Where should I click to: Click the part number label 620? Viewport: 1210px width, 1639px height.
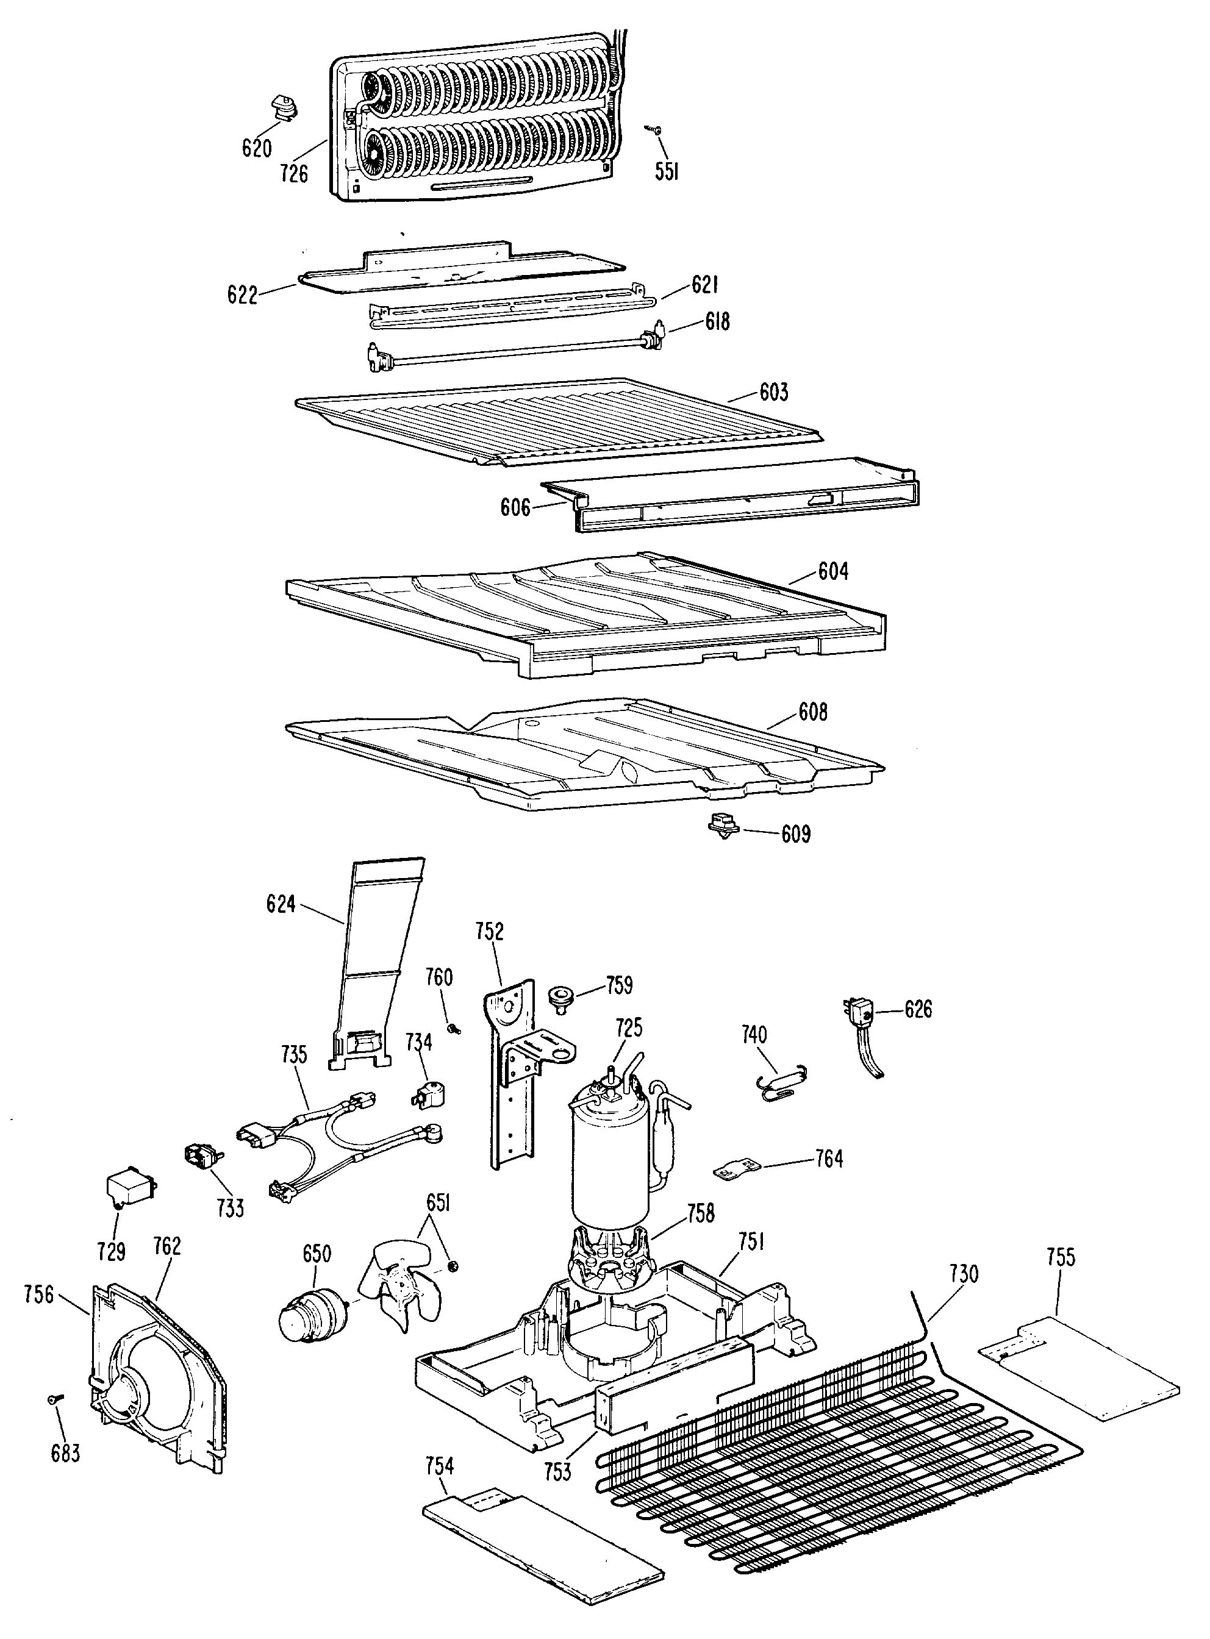click(256, 148)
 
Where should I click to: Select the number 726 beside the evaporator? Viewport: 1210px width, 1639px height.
click(294, 174)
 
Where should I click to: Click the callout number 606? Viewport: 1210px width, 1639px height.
click(515, 507)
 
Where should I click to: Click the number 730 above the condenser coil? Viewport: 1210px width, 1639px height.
click(963, 1274)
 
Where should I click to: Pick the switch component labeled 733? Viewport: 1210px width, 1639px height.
click(201, 1157)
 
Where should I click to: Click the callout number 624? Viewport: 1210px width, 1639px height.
click(281, 904)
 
